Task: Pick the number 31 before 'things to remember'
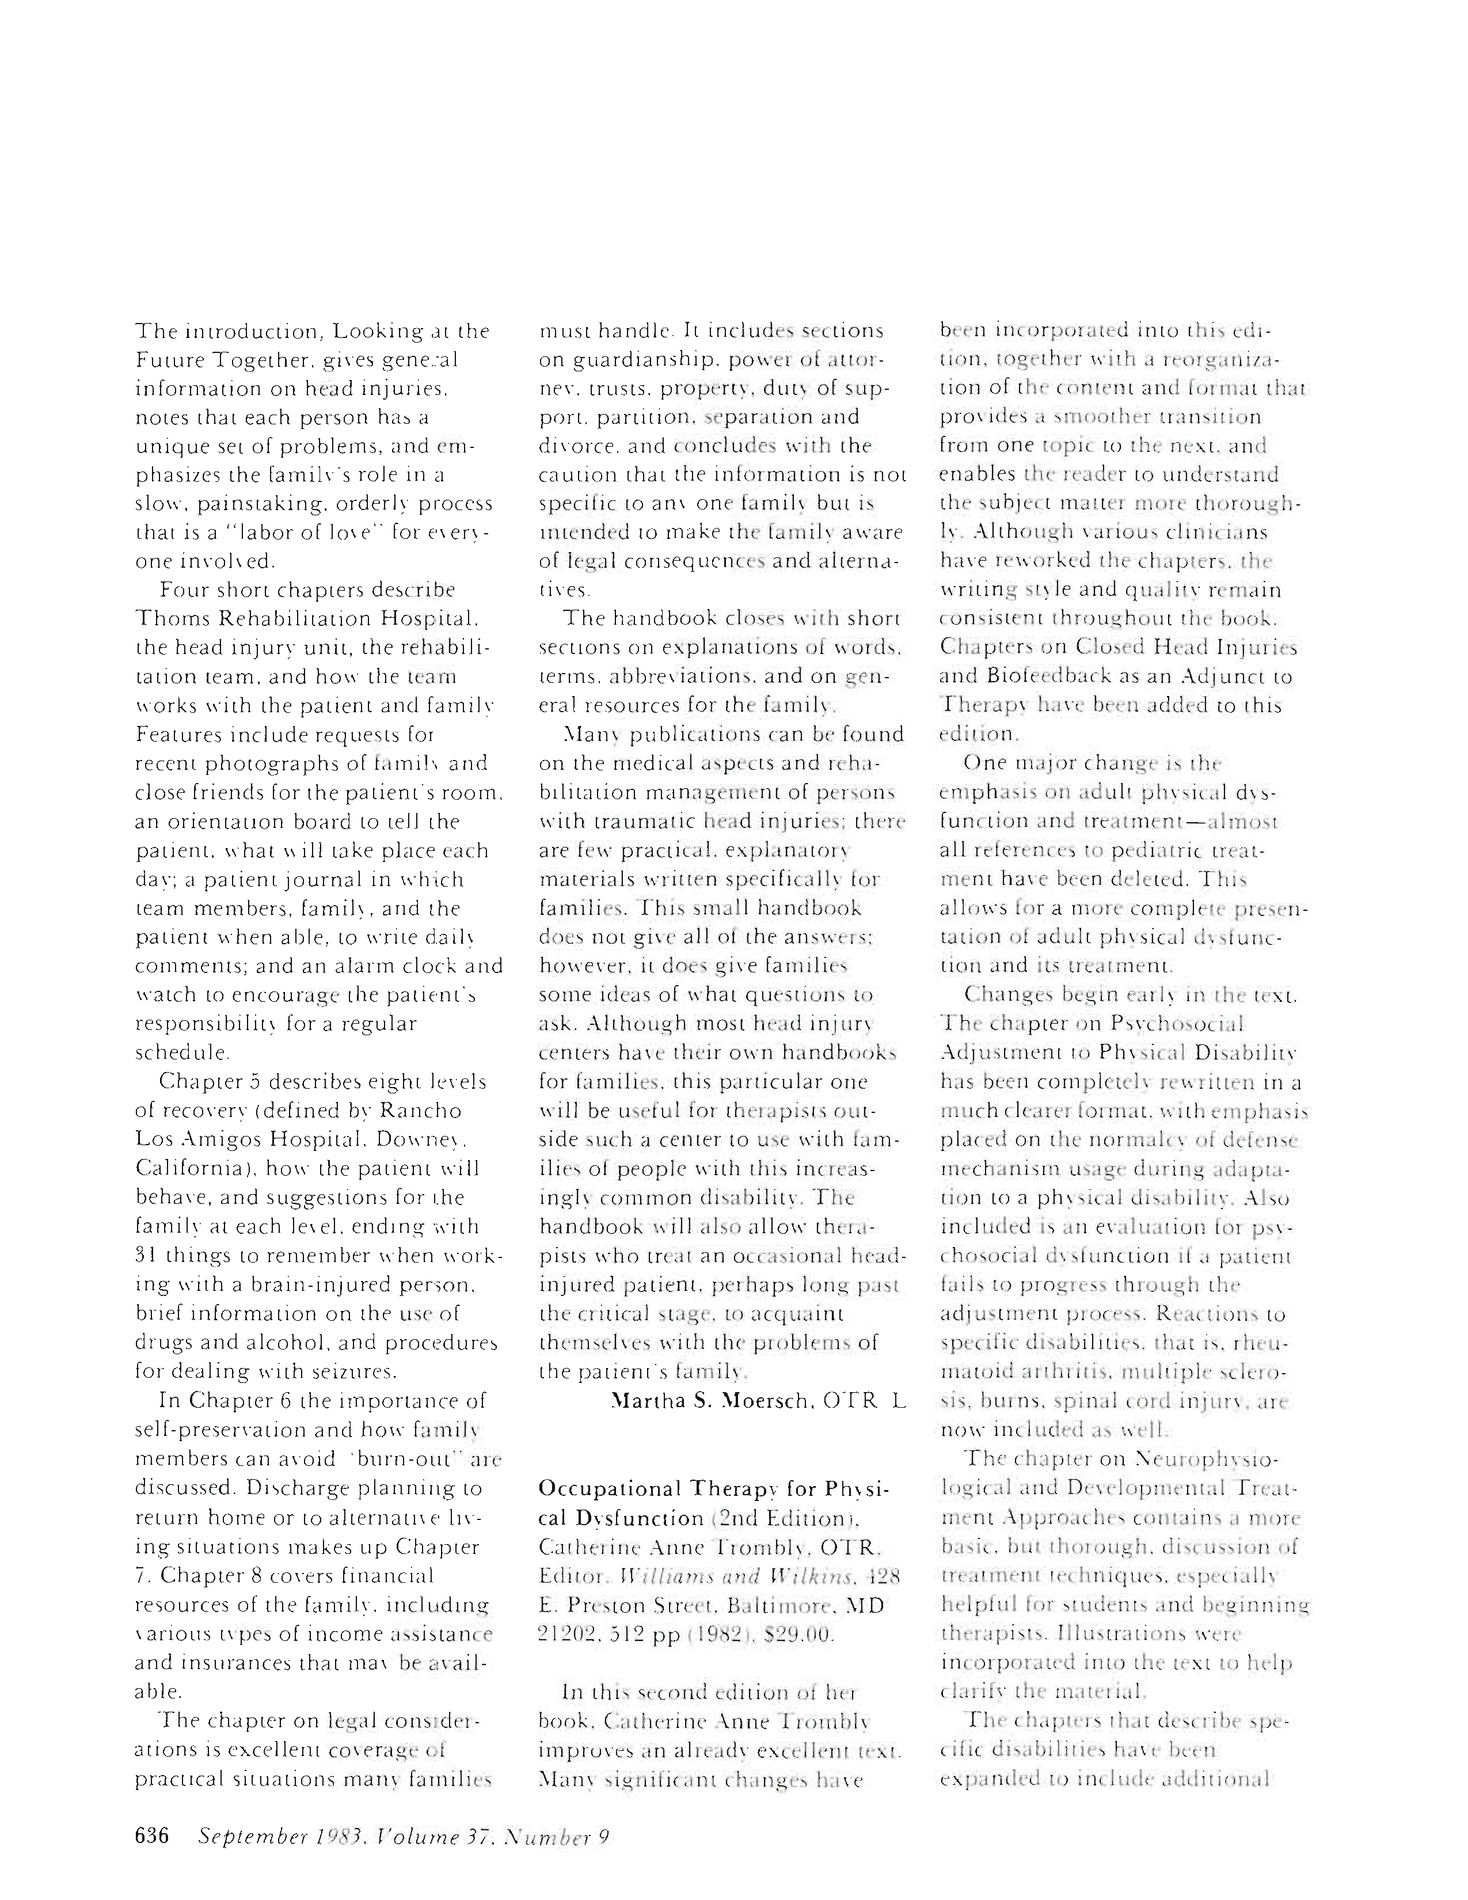point(145,1255)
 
